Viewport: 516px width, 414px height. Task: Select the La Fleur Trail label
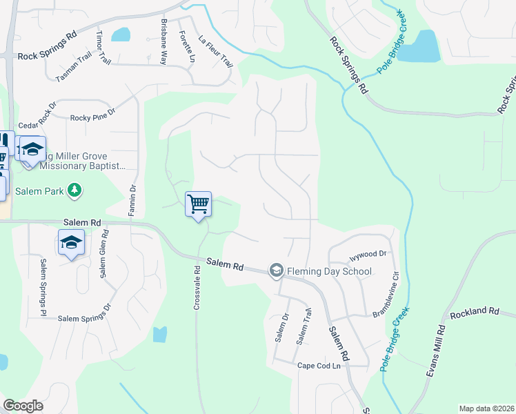point(215,51)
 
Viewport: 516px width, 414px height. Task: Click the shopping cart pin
point(198,204)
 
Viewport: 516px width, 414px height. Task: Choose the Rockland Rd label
point(474,312)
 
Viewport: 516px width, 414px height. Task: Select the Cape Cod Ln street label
point(319,366)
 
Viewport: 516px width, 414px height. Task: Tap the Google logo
point(23,406)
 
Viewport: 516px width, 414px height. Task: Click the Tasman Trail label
point(74,69)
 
